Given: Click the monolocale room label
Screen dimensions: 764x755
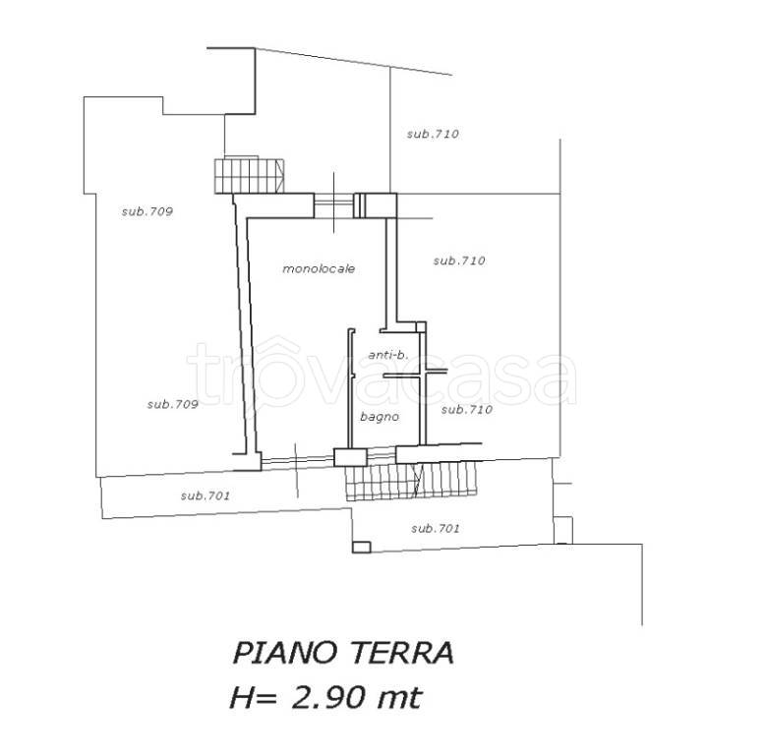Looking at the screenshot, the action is (319, 268).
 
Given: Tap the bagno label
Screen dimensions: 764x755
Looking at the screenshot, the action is (380, 417).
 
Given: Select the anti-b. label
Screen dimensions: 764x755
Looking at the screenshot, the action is (388, 355).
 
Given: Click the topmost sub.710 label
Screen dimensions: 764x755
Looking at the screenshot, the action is (434, 134).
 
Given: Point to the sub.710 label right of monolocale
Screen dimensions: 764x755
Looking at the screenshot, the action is (459, 261).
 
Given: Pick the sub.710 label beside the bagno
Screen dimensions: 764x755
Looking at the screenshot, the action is (467, 410).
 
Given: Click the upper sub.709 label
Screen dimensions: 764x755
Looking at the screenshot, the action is (147, 211).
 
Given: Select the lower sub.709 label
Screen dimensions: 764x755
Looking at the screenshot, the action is (172, 404).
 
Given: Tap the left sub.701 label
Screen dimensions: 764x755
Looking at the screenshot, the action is (206, 495).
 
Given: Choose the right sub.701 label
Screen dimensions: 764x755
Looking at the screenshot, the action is (436, 529).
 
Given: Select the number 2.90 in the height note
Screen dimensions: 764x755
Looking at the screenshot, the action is (328, 698).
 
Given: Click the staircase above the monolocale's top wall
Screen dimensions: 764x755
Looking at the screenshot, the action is (249, 175).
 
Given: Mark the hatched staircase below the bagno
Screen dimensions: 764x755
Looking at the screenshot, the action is (410, 481).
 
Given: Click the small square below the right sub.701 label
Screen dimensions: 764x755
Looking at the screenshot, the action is (361, 548).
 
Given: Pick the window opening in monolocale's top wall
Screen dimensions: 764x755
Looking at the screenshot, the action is (333, 205).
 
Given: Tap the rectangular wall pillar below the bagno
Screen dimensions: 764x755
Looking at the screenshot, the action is (350, 457).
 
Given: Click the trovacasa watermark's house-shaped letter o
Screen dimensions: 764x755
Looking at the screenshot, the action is (271, 374).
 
